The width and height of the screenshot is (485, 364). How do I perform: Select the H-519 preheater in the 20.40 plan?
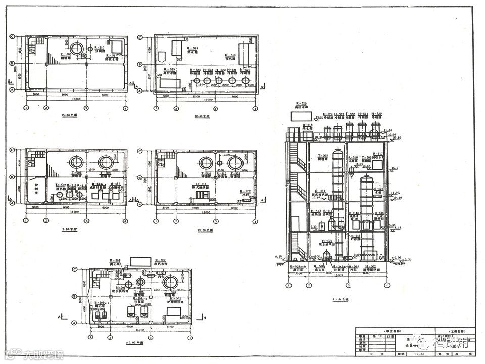click(x=245, y=53)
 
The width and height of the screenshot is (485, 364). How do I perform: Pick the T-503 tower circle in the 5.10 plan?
click(x=106, y=163)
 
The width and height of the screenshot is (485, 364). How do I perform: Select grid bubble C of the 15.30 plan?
click(x=13, y=37)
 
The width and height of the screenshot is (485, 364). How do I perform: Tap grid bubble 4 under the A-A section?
click(x=386, y=285)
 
